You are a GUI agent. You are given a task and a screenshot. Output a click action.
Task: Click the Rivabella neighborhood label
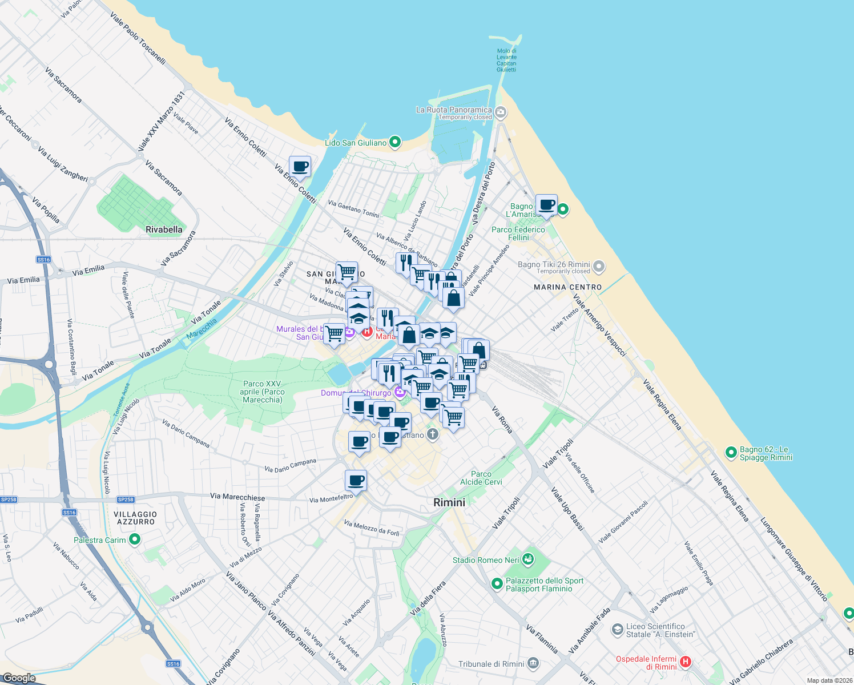click(164, 230)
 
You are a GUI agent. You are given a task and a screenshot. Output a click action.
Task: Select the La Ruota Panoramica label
click(454, 110)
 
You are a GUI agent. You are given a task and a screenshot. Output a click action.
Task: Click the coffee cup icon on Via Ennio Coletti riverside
click(300, 167)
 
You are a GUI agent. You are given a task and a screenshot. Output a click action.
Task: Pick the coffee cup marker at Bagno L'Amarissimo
click(546, 204)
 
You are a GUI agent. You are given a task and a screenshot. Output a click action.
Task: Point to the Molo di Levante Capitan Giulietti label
click(506, 60)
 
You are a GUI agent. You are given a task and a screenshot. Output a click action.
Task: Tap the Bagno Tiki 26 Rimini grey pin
click(598, 265)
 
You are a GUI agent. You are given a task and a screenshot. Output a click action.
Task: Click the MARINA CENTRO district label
click(567, 287)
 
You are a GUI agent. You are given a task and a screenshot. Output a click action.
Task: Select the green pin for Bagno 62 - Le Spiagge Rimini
click(731, 453)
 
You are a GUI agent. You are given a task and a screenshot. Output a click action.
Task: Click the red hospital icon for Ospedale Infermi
click(686, 662)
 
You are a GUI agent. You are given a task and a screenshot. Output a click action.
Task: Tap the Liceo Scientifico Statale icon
click(617, 630)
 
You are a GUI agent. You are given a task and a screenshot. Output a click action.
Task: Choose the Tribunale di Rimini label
click(491, 664)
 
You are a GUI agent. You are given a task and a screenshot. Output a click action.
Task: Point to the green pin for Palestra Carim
click(135, 539)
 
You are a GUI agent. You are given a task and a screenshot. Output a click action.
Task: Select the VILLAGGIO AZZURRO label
click(135, 518)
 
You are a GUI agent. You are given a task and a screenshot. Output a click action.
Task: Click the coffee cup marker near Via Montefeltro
click(356, 481)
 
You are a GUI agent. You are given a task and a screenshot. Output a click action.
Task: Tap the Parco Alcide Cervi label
click(481, 478)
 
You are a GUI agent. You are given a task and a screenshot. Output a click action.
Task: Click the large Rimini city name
click(449, 502)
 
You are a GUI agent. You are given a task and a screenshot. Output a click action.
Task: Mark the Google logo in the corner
click(19, 678)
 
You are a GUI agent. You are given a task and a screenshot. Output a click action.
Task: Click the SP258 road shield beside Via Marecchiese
click(126, 499)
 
